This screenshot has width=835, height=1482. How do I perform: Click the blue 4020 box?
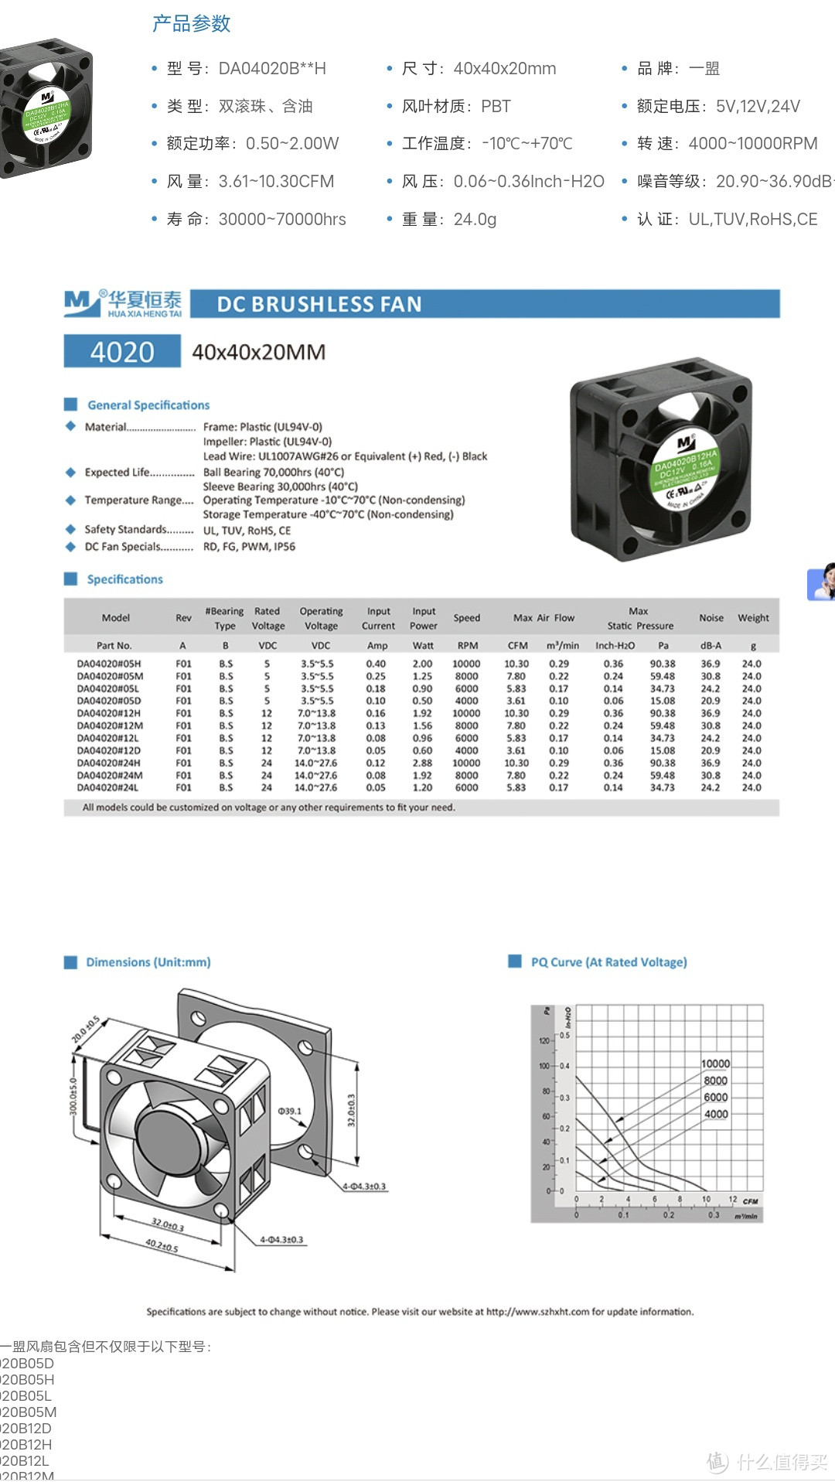(x=122, y=352)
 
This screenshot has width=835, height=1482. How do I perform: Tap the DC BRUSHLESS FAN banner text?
(x=319, y=304)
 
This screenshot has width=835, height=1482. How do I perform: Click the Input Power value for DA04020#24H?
(x=422, y=763)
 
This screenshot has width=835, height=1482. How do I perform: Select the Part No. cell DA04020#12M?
(x=110, y=726)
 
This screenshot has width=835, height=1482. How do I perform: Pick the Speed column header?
(x=467, y=618)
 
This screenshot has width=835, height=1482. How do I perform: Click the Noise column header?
(x=711, y=618)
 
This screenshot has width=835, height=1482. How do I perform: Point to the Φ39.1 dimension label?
(x=290, y=1111)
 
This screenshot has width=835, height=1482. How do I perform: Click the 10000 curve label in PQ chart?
(x=715, y=1064)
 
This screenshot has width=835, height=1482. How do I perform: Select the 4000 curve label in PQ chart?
(x=716, y=1114)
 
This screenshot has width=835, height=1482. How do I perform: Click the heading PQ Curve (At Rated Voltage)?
(x=608, y=962)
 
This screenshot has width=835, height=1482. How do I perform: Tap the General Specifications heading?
(x=148, y=405)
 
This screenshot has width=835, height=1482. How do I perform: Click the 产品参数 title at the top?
(x=191, y=24)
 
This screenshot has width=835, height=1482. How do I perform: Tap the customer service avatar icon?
(x=822, y=582)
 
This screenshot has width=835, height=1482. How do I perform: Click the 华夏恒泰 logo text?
(x=145, y=300)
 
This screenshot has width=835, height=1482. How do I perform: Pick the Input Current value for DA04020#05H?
(x=376, y=664)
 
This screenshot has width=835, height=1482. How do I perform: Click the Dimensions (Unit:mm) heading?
(x=148, y=962)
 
